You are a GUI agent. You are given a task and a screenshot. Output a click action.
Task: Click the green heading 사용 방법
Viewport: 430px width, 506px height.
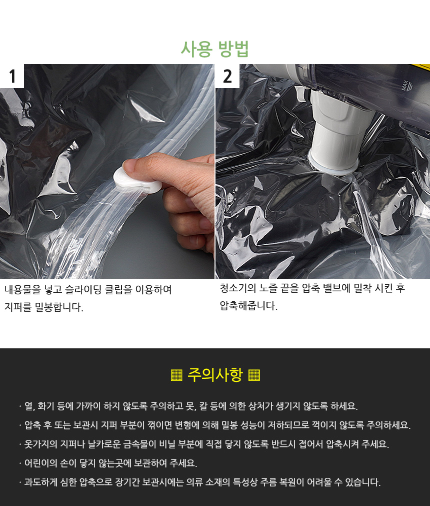(214, 49)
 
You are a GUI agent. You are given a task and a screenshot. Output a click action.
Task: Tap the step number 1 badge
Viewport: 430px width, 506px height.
(12, 76)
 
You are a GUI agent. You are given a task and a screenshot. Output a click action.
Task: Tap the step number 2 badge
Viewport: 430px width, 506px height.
(227, 76)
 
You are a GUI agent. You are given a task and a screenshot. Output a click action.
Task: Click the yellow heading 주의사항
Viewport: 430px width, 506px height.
(215, 375)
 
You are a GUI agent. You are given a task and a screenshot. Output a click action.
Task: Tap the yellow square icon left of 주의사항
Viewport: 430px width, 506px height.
(176, 375)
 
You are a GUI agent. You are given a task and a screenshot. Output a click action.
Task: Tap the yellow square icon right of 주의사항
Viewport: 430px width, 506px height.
(254, 375)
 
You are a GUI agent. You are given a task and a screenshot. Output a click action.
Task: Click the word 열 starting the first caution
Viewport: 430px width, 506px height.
(28, 405)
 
